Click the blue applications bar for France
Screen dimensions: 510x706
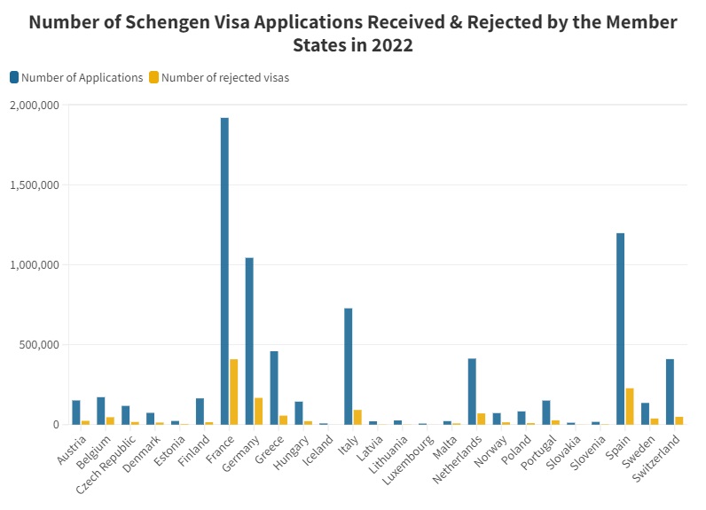[224, 271]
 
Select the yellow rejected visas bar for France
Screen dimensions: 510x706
[234, 391]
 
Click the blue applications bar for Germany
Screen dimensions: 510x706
[249, 341]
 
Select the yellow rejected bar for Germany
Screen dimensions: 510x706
[259, 411]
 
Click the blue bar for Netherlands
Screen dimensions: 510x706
[472, 391]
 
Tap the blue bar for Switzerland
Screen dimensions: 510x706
[670, 391]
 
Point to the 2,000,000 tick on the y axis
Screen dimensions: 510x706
[35, 106]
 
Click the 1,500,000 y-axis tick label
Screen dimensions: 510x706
[35, 185]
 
